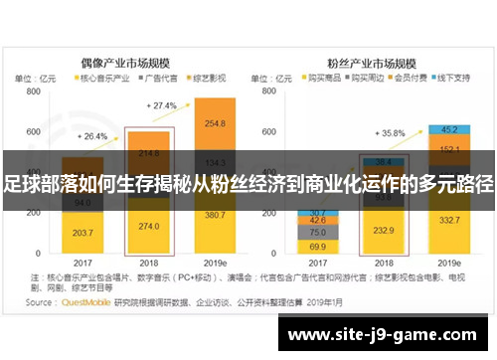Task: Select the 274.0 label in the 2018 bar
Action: click(x=149, y=227)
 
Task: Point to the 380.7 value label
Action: click(x=214, y=215)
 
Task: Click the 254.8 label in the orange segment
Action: click(x=214, y=123)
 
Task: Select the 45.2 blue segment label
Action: click(x=450, y=128)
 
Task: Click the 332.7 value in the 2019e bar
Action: click(x=450, y=220)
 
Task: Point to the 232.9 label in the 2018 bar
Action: click(x=386, y=230)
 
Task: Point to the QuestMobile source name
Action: click(x=84, y=302)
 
